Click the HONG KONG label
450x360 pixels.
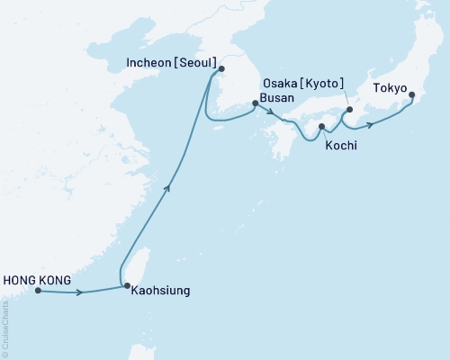[x=37, y=279]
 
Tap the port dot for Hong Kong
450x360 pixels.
[x=37, y=291]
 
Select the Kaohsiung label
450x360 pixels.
[x=160, y=292]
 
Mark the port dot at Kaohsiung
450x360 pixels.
[x=126, y=286]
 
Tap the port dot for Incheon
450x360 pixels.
[x=221, y=68]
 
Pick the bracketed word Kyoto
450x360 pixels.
[x=321, y=84]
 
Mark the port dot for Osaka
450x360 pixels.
[x=349, y=112]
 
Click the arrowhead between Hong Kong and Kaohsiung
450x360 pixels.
[x=83, y=292]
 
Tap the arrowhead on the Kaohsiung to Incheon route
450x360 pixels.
[x=167, y=186]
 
